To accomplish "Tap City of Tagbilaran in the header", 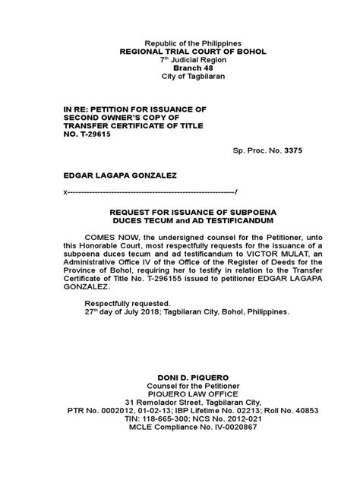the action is coord(179,77).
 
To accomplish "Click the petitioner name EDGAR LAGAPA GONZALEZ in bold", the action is coord(116,174).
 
